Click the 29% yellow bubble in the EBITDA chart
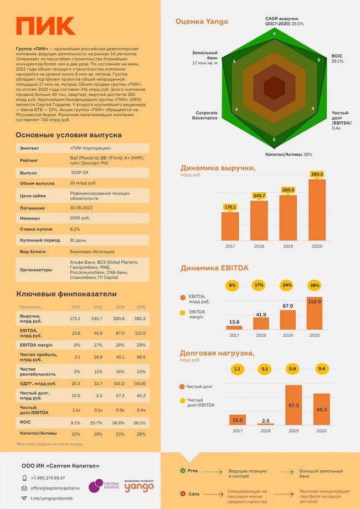[x=315, y=285]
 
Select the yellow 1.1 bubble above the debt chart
[x=238, y=368]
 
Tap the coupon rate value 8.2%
[x=75, y=228]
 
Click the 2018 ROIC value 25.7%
[x=98, y=422]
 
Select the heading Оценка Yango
[x=202, y=22]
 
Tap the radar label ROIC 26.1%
[x=337, y=58]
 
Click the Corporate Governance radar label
[x=207, y=115]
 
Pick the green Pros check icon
[x=182, y=470]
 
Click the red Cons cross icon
[x=182, y=493]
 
